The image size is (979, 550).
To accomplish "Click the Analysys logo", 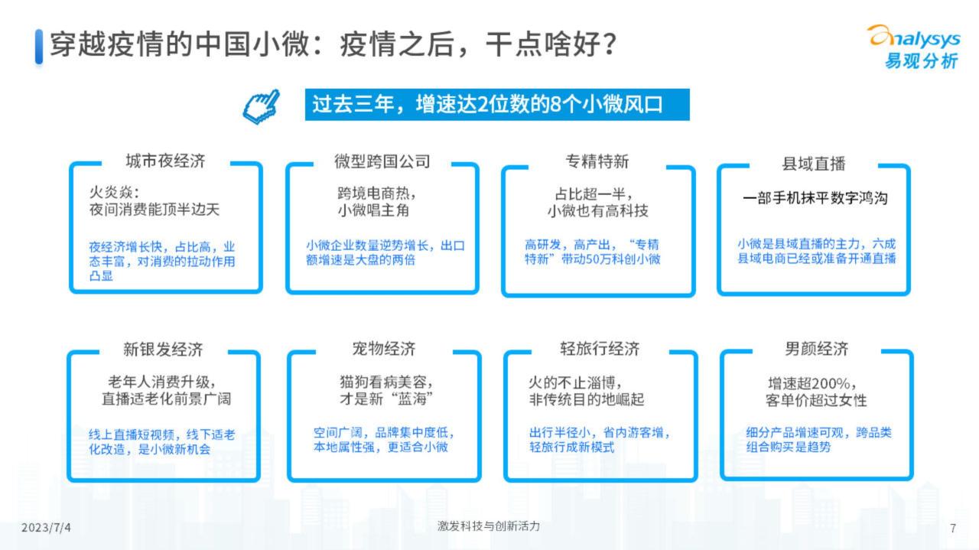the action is [914, 47].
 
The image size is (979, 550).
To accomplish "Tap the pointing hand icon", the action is [262, 106].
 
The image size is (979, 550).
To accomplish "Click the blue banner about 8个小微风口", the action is [497, 105].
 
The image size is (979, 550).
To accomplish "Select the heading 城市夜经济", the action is [165, 161].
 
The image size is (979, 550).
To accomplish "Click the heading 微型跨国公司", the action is [382, 161].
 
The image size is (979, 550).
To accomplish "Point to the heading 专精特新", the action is [597, 161].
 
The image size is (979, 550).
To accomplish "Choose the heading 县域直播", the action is [813, 164].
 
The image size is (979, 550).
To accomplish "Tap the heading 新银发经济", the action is [163, 350].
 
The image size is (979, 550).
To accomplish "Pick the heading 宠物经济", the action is [384, 349].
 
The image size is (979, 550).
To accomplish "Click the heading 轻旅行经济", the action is [600, 349].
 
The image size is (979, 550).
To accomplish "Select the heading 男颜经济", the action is [816, 349].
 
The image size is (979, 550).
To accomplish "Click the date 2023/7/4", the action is [46, 528].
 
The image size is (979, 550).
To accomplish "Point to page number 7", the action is [953, 528].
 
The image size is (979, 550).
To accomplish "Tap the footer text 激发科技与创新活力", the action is [489, 526].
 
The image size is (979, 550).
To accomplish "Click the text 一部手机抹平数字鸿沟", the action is [815, 198].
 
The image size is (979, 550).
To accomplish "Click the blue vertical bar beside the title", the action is [39, 47].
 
